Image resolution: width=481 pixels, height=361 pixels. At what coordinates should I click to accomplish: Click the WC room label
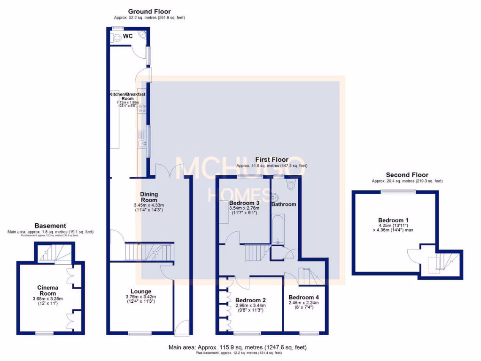(x=128, y=36)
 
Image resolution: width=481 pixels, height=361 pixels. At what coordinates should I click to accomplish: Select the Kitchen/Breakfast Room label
(x=127, y=96)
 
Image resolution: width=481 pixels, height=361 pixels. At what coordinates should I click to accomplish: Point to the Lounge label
(x=141, y=290)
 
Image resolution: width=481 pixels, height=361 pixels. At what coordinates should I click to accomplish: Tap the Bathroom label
(x=284, y=204)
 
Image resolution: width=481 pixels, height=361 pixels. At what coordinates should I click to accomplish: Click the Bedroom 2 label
(x=251, y=300)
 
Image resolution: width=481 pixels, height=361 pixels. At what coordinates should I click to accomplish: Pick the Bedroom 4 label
(x=304, y=297)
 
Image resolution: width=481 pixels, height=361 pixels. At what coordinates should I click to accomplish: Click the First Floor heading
(x=272, y=160)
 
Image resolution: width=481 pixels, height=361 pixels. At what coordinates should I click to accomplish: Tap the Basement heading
(x=50, y=226)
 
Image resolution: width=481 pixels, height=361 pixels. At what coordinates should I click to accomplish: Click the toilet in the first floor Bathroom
(x=291, y=185)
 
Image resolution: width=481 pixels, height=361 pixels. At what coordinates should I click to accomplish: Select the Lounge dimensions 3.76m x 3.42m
(x=141, y=297)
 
